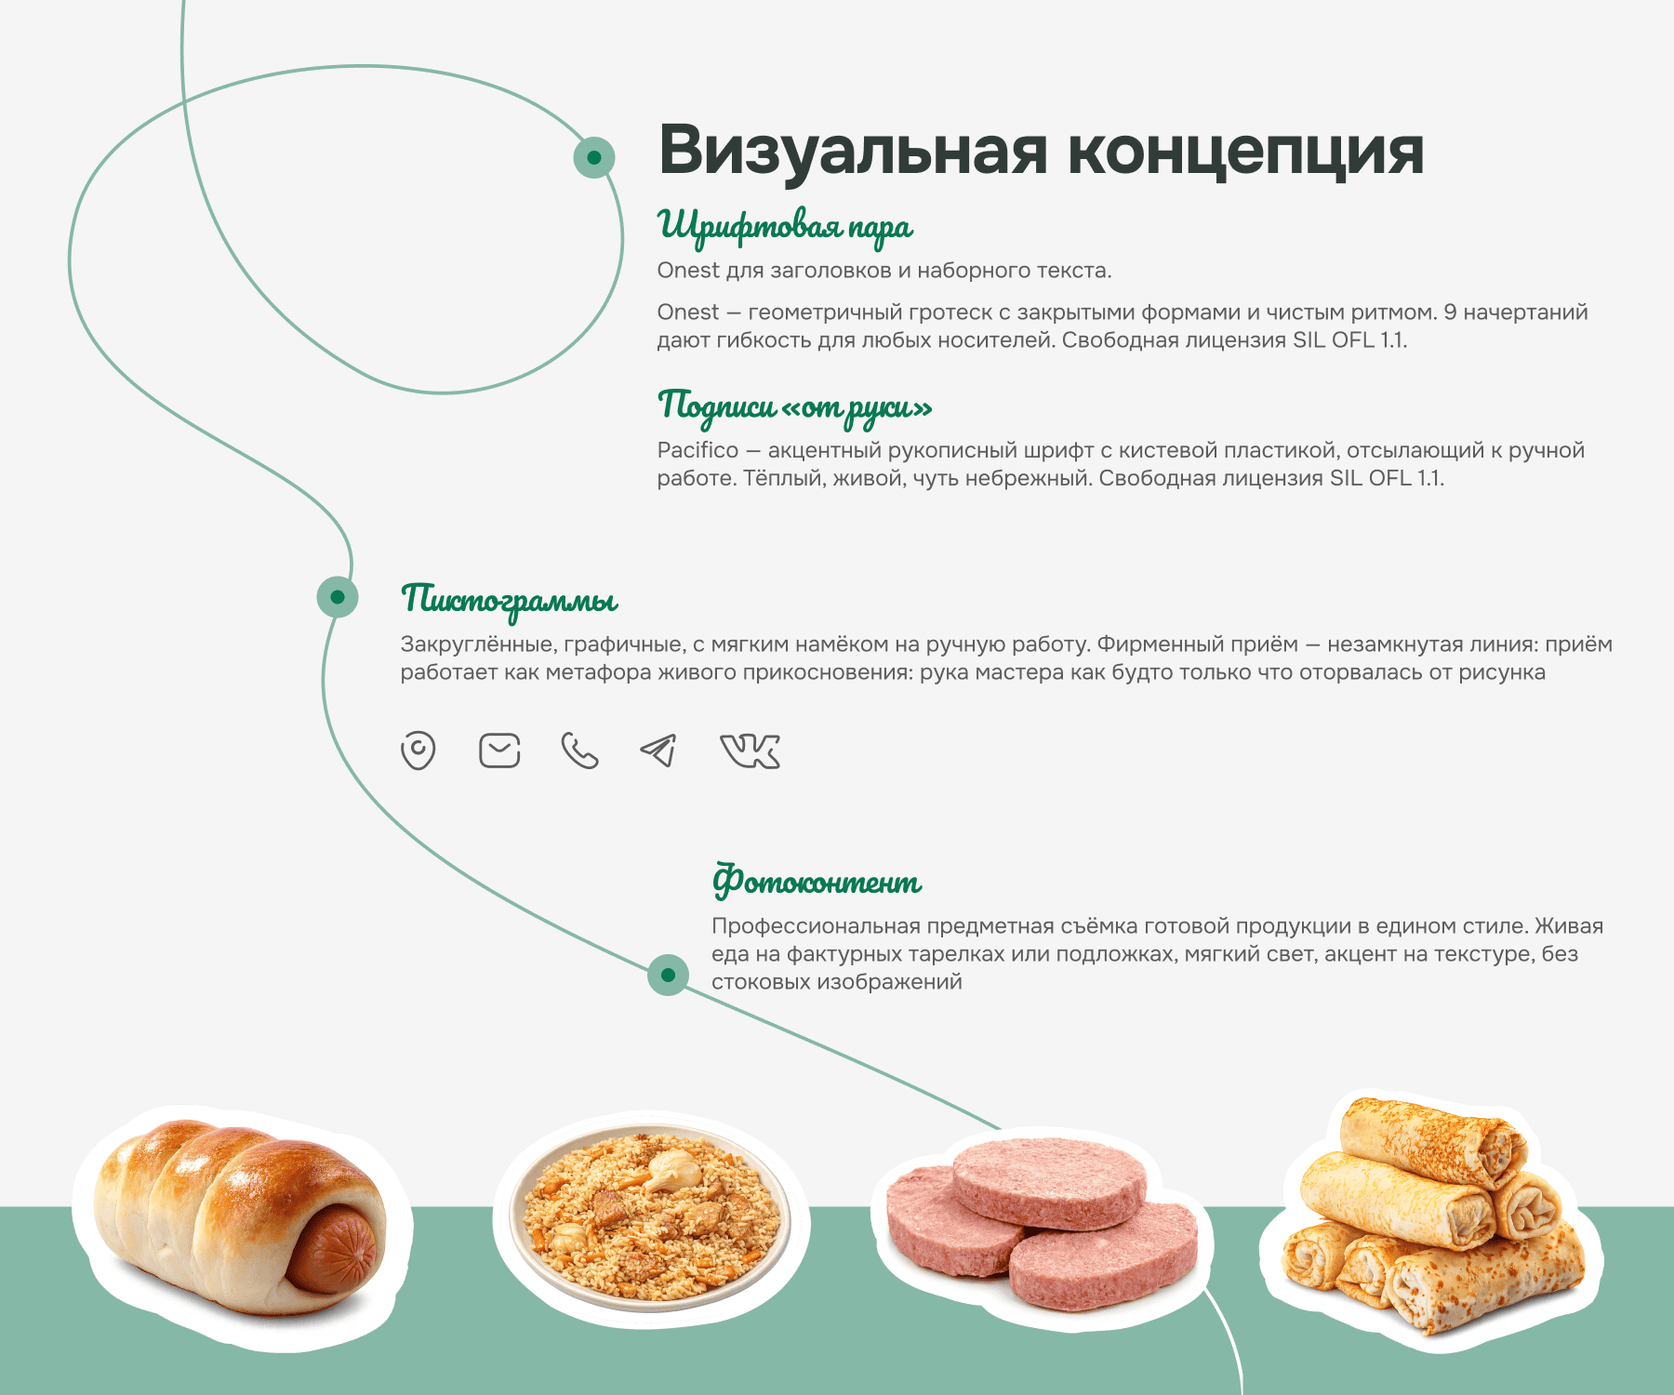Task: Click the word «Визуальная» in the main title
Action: (x=853, y=151)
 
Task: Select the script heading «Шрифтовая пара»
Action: (x=785, y=228)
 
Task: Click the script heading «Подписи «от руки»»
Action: (x=794, y=408)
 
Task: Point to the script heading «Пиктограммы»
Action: (x=509, y=601)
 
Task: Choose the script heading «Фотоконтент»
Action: (x=817, y=880)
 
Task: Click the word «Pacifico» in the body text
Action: (x=697, y=450)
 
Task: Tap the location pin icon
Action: (x=418, y=751)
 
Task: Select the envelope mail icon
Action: (x=499, y=751)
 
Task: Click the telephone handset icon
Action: (x=579, y=751)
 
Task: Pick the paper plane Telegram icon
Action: (x=658, y=751)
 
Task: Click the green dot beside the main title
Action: (x=594, y=157)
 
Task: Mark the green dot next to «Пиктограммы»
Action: (x=338, y=597)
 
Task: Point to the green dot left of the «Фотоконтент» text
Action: (x=668, y=975)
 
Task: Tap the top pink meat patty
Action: (x=1049, y=1183)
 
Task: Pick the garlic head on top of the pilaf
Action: (x=672, y=1169)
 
